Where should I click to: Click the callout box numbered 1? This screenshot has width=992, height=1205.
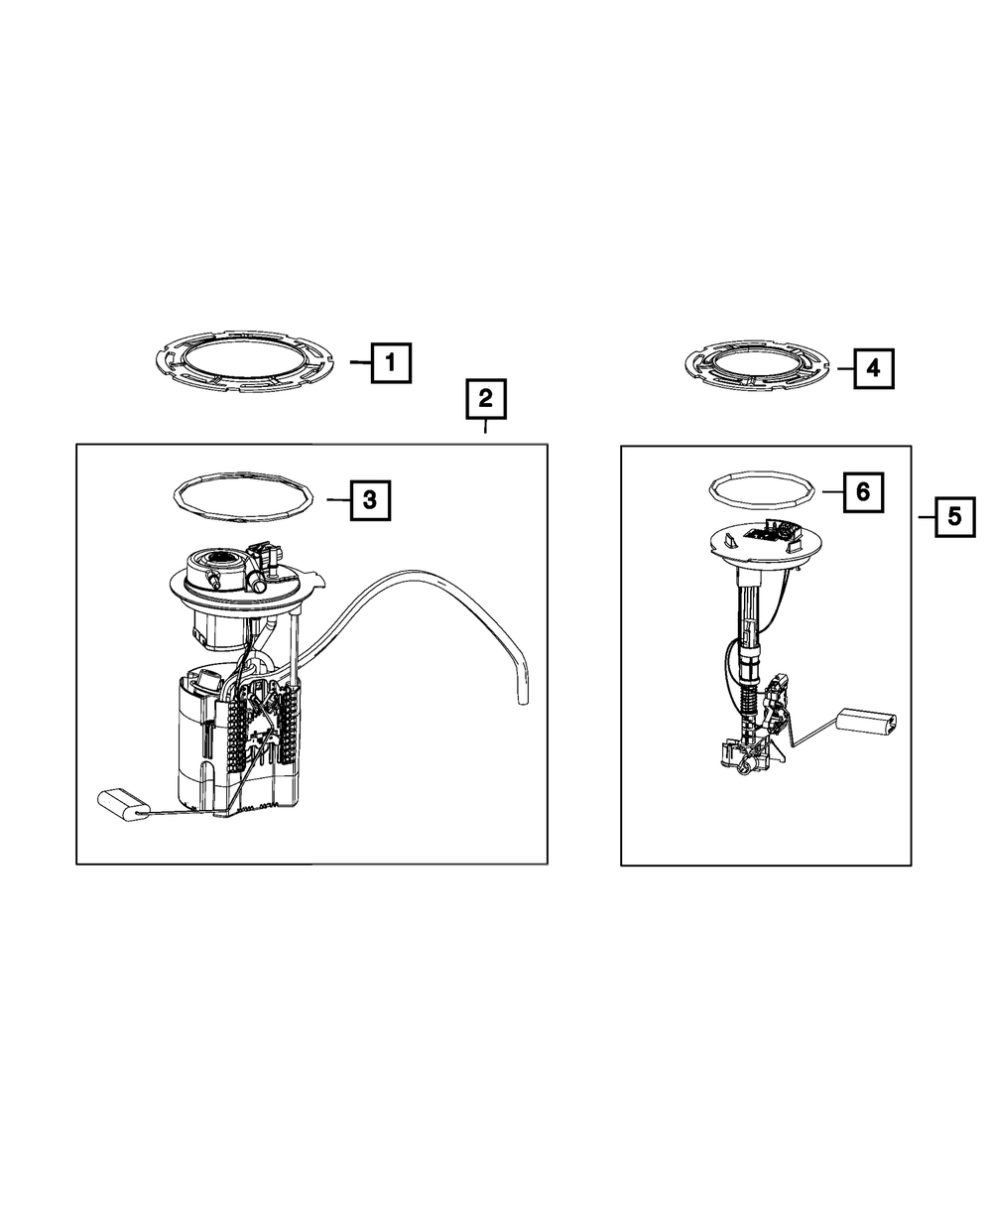(391, 363)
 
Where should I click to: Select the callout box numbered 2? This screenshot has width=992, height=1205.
(486, 399)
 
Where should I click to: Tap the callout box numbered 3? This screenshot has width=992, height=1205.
(370, 500)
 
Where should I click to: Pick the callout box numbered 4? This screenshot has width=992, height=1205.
(874, 368)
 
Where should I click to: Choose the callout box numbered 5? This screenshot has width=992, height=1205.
(955, 517)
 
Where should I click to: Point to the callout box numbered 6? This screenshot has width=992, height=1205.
(863, 492)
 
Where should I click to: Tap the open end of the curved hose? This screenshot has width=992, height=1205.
(523, 701)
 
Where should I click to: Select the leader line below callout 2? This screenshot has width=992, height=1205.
(485, 427)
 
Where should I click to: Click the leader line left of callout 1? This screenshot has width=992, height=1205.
(360, 362)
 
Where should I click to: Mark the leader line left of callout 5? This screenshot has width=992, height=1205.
(927, 517)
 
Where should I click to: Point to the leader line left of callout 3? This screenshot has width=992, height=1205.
(338, 500)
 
